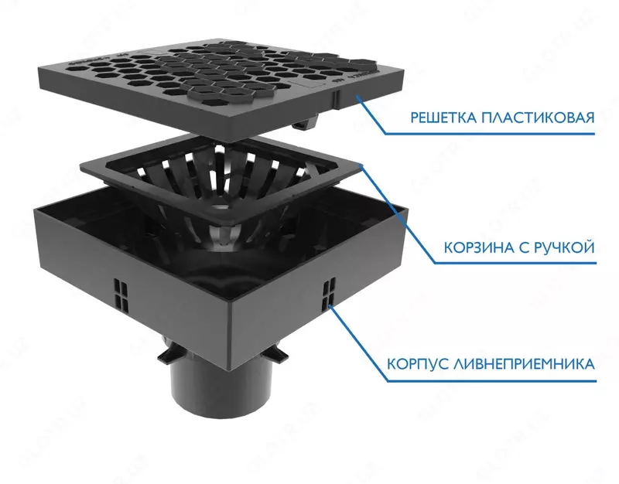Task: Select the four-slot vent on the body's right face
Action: pos(329,292)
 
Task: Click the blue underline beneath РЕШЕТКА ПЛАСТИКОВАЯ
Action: pos(490,134)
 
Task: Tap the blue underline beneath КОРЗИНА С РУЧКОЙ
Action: pos(515,263)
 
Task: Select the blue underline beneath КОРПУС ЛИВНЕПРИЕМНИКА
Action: pos(491,381)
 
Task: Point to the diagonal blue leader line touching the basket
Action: pos(397,213)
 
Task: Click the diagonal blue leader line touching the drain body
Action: pos(358,343)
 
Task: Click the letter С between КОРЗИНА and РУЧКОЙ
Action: pos(521,247)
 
